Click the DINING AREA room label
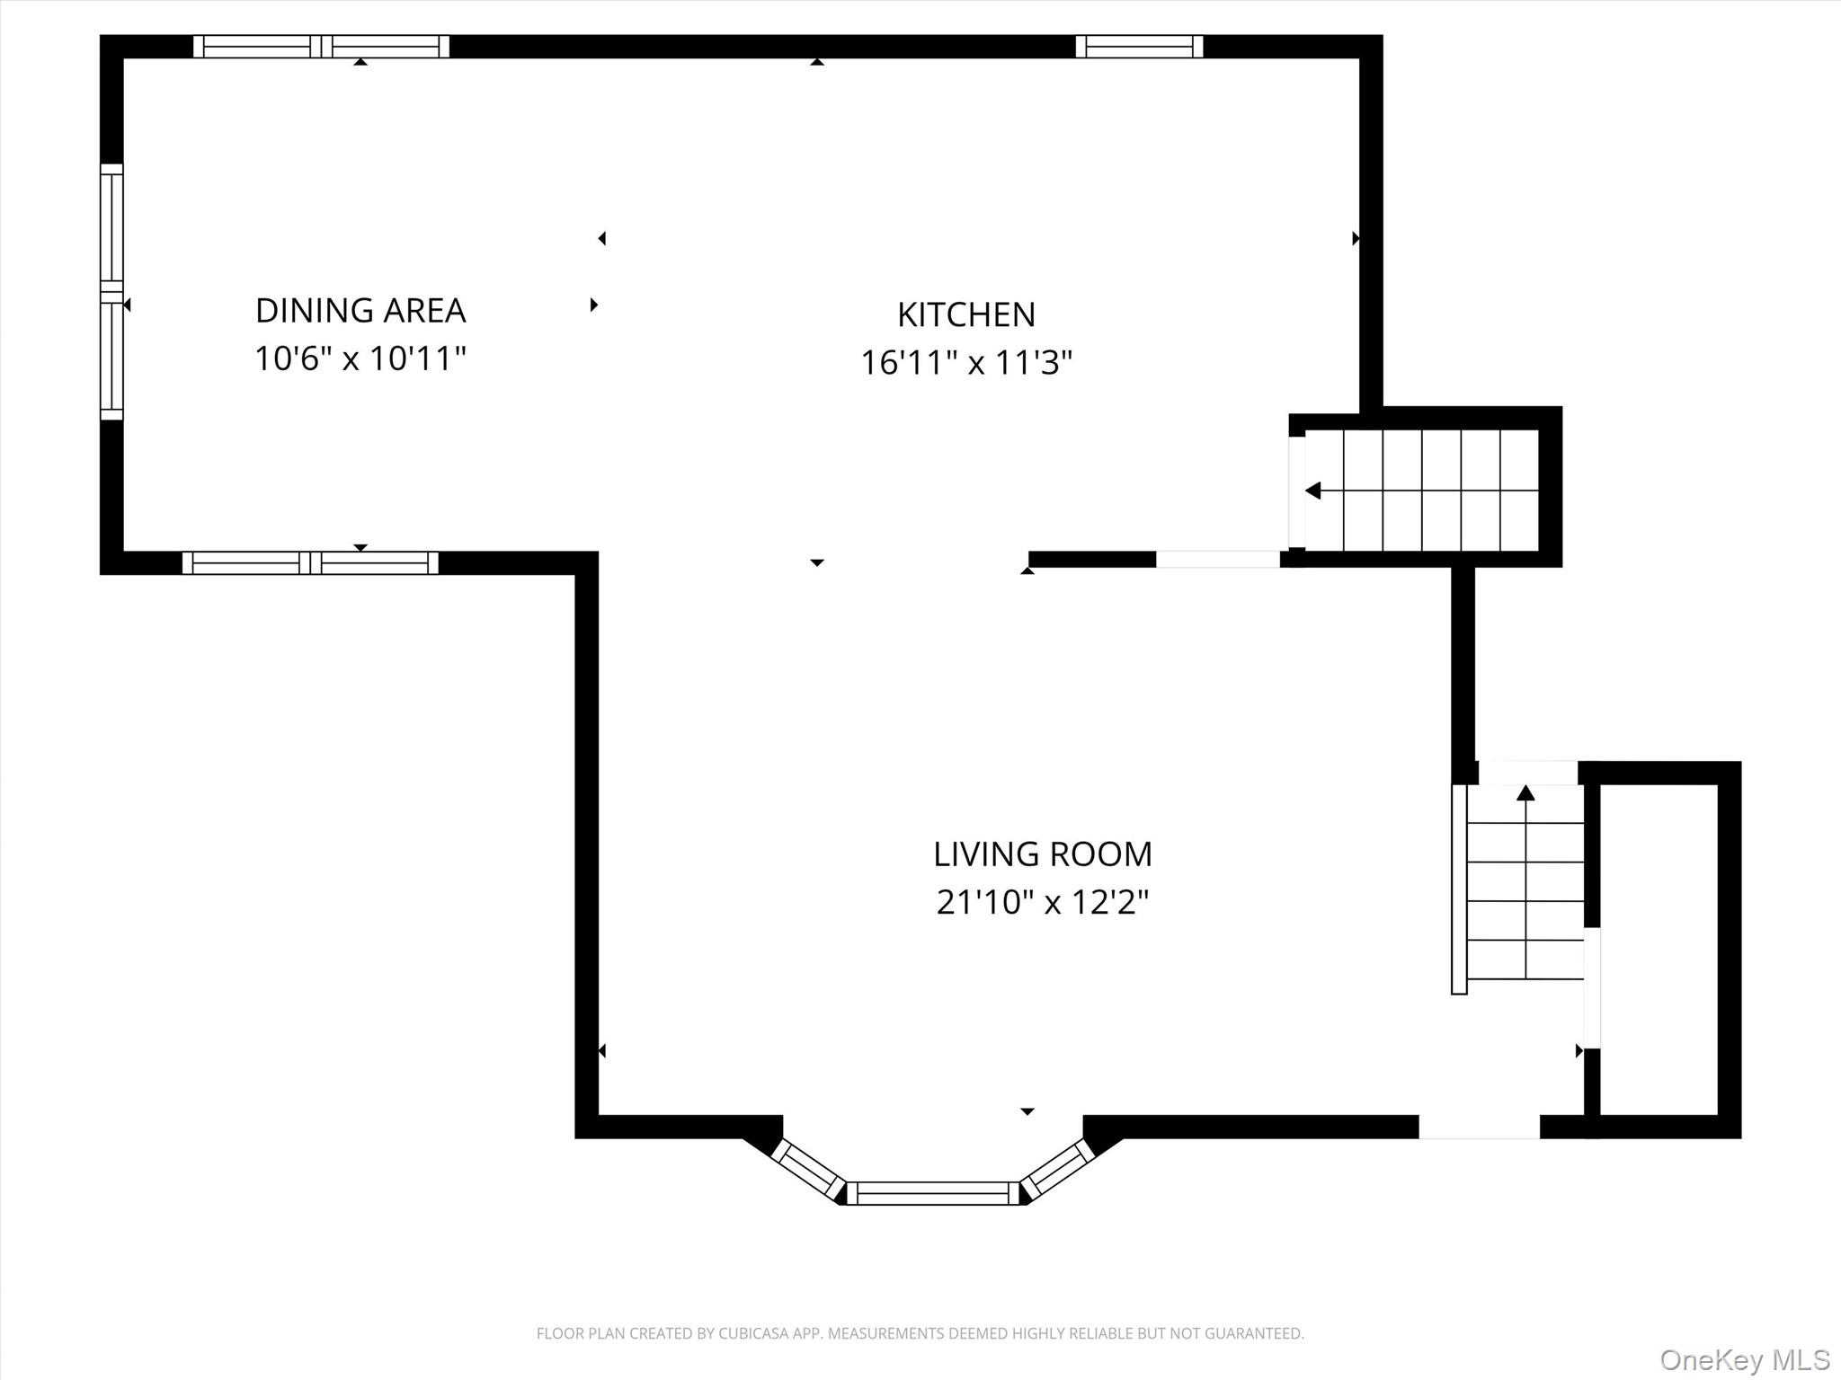pyautogui.click(x=360, y=311)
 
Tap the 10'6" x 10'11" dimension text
pyautogui.click(x=360, y=359)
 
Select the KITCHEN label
pyautogui.click(x=966, y=315)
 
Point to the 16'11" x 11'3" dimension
pyautogui.click(x=966, y=363)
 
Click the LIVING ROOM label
pyautogui.click(x=1042, y=854)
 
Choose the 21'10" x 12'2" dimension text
pyautogui.click(x=1042, y=902)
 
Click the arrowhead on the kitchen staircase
pyautogui.click(x=1313, y=491)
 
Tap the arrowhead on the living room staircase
pyautogui.click(x=1525, y=792)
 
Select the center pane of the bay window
pyautogui.click(x=932, y=1193)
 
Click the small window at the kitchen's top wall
pyautogui.click(x=1139, y=46)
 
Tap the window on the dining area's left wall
pyautogui.click(x=111, y=292)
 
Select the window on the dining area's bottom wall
pyautogui.click(x=310, y=563)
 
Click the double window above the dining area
pyautogui.click(x=321, y=46)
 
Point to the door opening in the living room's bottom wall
pyautogui.click(x=1479, y=1127)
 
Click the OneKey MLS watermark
pyautogui.click(x=1744, y=1359)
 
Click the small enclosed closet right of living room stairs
pyautogui.click(x=1659, y=949)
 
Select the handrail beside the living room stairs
pyautogui.click(x=1459, y=889)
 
